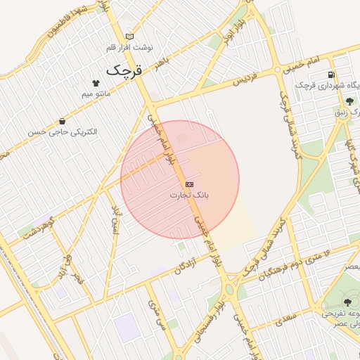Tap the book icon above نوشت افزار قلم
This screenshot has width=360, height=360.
tap(129, 36)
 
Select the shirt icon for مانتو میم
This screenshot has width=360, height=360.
tap(96, 82)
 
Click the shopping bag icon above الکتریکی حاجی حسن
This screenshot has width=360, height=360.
tap(63, 121)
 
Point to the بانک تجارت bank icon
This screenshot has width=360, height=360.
tap(190, 184)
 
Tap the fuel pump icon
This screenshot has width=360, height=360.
tap(330, 75)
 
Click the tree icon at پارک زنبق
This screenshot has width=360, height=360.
tap(349, 101)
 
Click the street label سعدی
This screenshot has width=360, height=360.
tap(285, 321)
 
